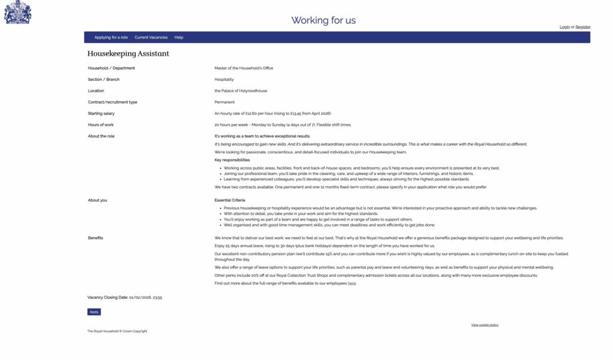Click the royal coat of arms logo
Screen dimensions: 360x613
point(17,12)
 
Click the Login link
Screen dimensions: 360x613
point(565,27)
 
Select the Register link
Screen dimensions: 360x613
point(583,27)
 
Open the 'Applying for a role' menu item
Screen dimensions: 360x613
point(111,37)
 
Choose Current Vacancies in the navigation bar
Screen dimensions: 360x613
point(151,37)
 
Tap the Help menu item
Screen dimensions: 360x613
point(179,37)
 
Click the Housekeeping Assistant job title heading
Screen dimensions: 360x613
point(128,54)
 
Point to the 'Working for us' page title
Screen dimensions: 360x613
point(323,20)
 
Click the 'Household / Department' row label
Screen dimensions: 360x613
point(111,68)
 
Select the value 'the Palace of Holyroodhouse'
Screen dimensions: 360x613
point(241,91)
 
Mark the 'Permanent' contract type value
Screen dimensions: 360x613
point(224,102)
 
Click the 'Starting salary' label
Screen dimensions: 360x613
point(101,114)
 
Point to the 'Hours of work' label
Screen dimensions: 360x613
point(101,125)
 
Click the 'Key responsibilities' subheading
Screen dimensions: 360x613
point(232,160)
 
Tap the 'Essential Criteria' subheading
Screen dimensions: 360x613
point(230,200)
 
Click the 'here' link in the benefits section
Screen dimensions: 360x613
point(351,283)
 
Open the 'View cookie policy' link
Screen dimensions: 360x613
point(485,325)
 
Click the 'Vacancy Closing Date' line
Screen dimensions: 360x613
point(125,297)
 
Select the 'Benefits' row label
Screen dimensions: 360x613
point(95,238)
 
